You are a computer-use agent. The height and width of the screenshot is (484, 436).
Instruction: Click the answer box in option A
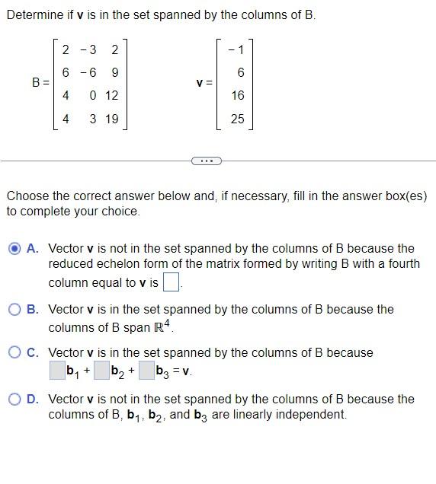(172, 283)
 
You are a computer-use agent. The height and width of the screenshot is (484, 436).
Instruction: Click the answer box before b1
(57, 371)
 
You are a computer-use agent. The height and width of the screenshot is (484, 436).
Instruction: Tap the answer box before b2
(101, 371)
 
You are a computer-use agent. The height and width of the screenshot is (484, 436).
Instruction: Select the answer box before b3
(146, 371)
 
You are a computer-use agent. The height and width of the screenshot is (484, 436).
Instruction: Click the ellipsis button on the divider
(207, 161)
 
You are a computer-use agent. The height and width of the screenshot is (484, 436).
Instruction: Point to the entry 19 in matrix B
(111, 119)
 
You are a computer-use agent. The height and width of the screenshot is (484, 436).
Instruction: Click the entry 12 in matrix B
(111, 96)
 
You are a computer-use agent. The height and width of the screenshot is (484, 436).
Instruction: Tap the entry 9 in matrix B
(114, 73)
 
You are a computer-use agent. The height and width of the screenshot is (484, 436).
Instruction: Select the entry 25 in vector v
(237, 119)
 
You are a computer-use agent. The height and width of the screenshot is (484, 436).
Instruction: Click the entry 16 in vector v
(237, 96)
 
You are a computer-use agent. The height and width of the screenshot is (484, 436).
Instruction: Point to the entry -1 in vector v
(236, 50)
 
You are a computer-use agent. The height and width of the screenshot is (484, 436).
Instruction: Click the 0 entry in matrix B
(91, 96)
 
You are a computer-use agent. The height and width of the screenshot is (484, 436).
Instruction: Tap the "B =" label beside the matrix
(40, 84)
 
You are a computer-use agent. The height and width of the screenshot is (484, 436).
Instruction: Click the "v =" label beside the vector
(204, 84)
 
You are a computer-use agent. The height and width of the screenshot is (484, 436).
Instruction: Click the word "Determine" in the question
(34, 15)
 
